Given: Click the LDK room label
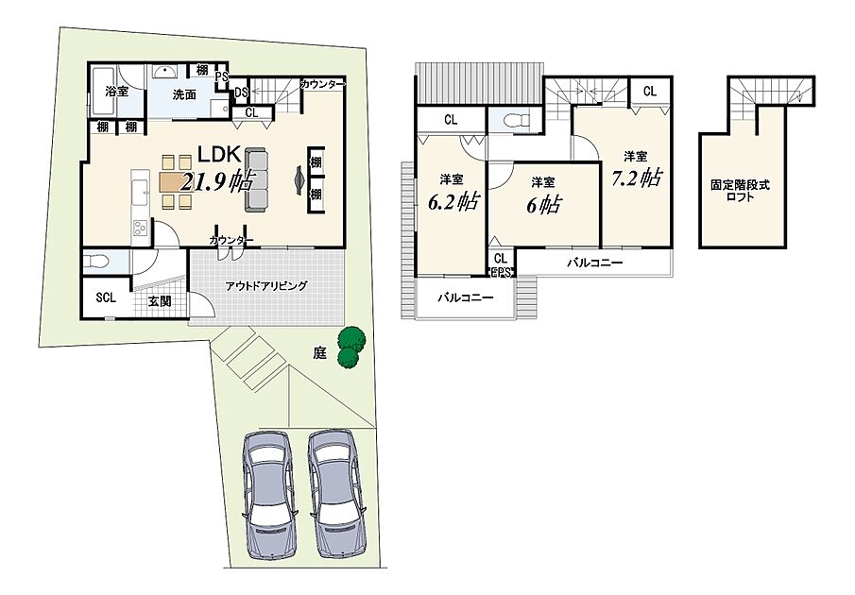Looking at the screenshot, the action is click(219, 155).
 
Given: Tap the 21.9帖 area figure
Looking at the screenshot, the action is click(217, 180).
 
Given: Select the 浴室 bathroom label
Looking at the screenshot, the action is click(117, 92).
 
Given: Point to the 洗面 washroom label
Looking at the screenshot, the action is click(184, 94).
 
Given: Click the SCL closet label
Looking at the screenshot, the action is click(106, 297).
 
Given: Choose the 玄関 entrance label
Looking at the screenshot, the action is click(160, 300).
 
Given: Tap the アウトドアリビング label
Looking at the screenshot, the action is click(266, 285).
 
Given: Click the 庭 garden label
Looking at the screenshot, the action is click(319, 353).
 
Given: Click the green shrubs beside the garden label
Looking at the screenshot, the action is click(351, 348).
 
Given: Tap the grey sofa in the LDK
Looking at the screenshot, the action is click(257, 179).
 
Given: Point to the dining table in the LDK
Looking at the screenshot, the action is click(177, 182).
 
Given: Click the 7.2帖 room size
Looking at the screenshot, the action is click(637, 178).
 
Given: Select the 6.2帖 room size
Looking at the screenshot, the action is click(453, 201).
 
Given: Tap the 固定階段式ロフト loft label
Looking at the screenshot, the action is click(740, 191).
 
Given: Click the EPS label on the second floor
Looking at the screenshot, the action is click(501, 272).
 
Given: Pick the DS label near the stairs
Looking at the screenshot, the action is click(241, 93).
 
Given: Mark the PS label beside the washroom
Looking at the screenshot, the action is click(221, 76).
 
